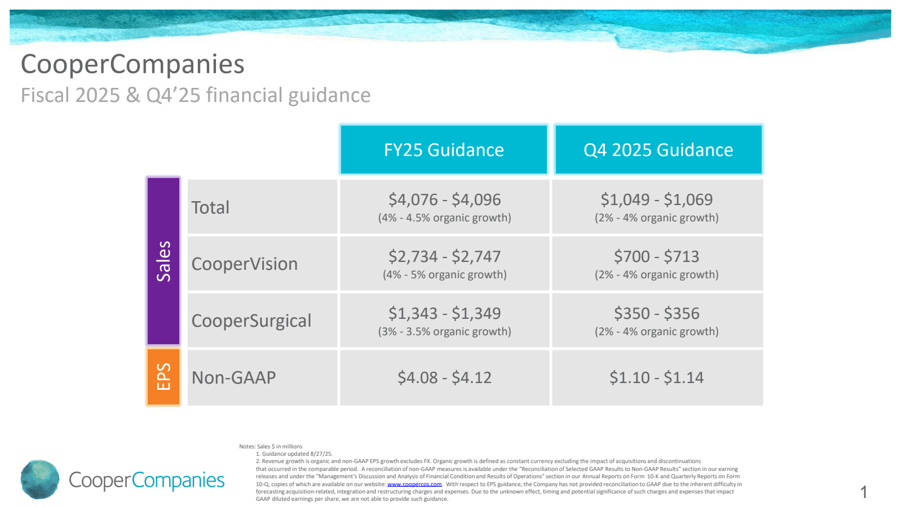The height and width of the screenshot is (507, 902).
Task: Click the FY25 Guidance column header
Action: click(x=444, y=150)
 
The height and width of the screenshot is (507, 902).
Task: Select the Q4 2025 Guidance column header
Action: click(x=658, y=150)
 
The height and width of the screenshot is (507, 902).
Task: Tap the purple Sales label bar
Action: click(x=163, y=261)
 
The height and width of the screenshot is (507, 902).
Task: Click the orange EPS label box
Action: click(x=163, y=377)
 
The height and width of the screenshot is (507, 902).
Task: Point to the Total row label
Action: click(x=210, y=207)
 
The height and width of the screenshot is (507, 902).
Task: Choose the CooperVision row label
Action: click(x=244, y=264)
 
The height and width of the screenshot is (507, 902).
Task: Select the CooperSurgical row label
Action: click(x=251, y=321)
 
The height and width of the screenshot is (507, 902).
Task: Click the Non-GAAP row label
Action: click(x=233, y=377)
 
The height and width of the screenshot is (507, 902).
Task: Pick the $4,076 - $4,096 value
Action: click(x=444, y=199)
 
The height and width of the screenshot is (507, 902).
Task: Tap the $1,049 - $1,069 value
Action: click(x=656, y=199)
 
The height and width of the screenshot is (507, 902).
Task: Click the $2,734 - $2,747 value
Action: click(x=444, y=256)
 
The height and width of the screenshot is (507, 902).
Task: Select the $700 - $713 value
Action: click(x=656, y=256)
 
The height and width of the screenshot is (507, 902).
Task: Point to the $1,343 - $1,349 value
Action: click(x=444, y=313)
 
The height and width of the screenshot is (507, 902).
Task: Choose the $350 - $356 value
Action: click(x=656, y=313)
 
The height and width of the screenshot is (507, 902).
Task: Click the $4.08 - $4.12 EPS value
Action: click(x=444, y=377)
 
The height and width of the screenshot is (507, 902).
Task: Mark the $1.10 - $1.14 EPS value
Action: click(x=656, y=377)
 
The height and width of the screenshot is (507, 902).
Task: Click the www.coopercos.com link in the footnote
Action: click(x=414, y=484)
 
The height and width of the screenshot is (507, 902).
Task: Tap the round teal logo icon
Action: click(x=40, y=479)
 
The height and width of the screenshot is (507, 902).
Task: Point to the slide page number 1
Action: click(x=864, y=492)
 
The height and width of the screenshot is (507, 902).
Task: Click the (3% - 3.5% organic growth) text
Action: click(x=444, y=332)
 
